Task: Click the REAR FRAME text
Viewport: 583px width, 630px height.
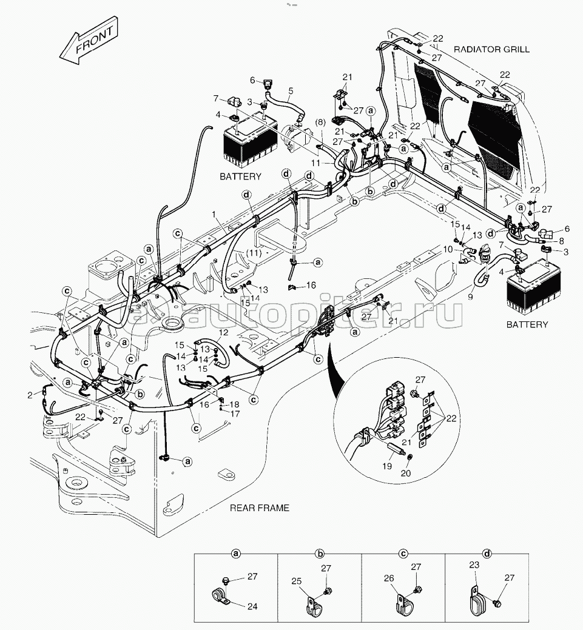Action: point(259,508)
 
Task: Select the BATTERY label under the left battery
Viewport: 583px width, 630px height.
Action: point(240,176)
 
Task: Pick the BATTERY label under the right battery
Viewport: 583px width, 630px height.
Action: point(527,324)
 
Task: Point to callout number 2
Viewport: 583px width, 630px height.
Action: point(30,395)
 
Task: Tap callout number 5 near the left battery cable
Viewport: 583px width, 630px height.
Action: point(291,91)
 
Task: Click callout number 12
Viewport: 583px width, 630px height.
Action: point(224,332)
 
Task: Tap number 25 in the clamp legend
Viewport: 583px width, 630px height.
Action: point(297,581)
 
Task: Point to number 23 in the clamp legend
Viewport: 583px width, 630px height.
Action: point(474,565)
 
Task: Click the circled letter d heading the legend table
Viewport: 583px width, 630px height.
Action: point(487,553)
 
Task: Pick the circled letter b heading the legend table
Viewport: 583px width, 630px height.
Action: point(320,553)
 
